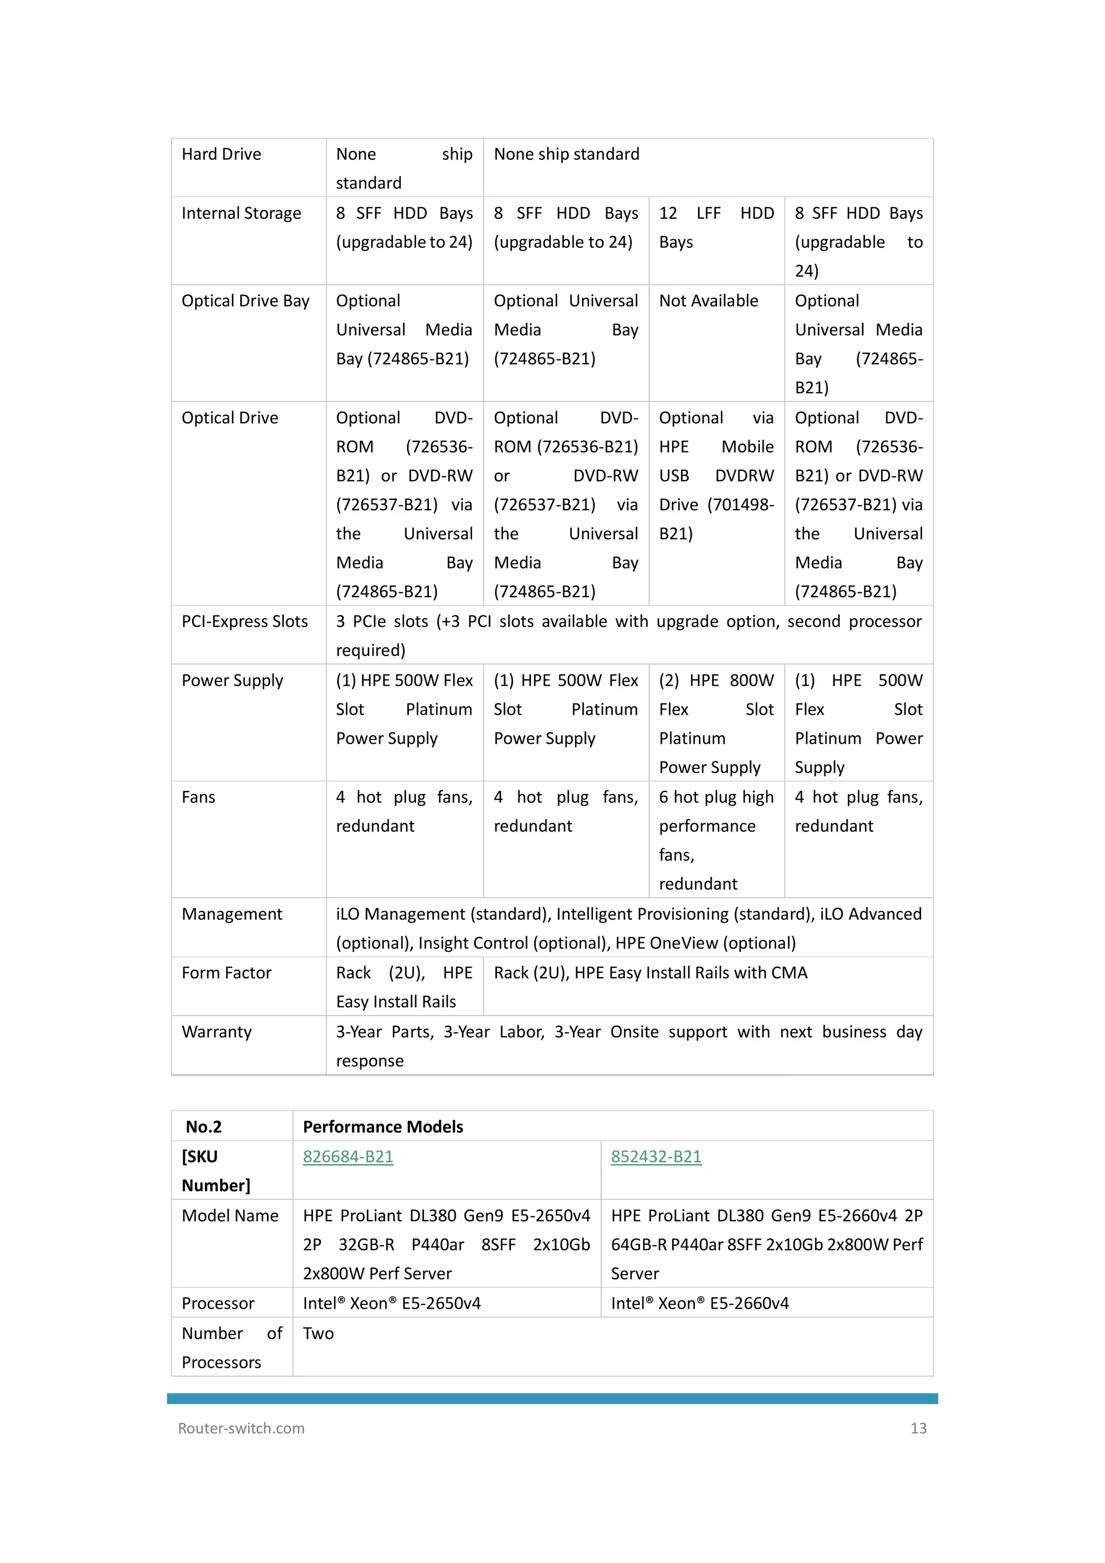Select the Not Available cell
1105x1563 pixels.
[708, 301]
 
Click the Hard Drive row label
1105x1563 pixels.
[221, 154]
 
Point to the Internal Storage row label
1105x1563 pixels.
[241, 213]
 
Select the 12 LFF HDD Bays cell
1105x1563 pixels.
[716, 227]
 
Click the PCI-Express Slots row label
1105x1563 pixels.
[244, 621]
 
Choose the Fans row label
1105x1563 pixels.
[198, 797]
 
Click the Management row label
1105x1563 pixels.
[231, 914]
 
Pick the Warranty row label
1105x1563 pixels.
[216, 1032]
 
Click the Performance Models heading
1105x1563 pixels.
[383, 1127]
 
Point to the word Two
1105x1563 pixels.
[318, 1334]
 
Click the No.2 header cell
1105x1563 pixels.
[203, 1127]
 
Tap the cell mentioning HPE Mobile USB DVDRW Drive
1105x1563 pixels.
[716, 475]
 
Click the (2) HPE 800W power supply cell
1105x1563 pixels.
[716, 723]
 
